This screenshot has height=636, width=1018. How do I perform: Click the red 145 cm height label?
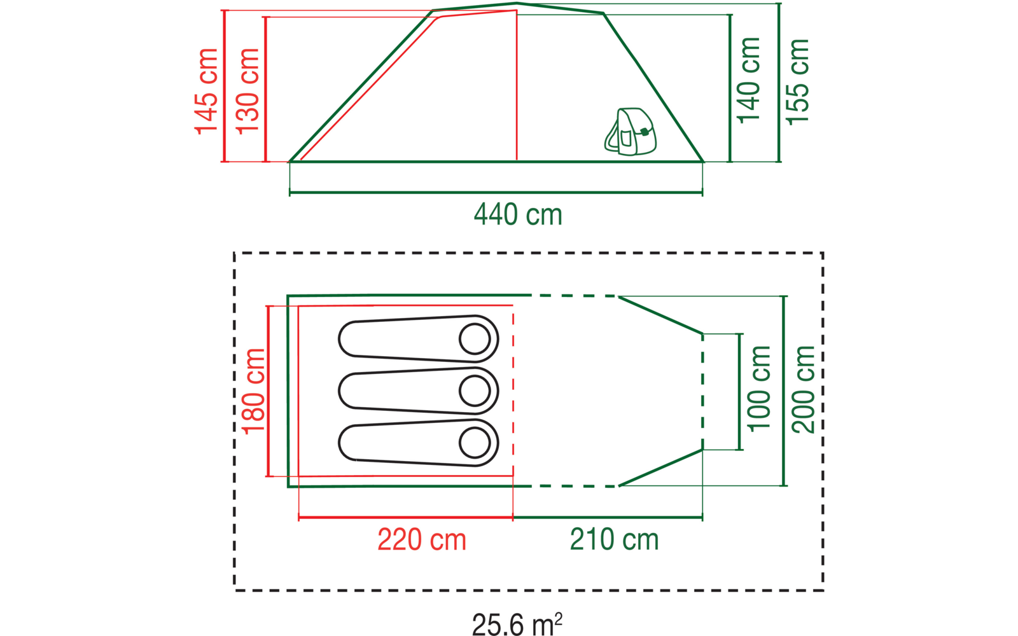[x=206, y=92]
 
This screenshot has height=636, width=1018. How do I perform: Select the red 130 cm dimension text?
[x=248, y=92]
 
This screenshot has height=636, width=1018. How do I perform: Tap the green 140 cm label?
[x=748, y=80]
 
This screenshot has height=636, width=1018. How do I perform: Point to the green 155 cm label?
[x=798, y=82]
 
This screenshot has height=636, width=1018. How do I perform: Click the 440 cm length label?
[x=518, y=214]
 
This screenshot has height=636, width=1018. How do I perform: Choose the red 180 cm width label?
[x=253, y=392]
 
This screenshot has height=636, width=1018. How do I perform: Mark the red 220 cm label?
[x=422, y=540]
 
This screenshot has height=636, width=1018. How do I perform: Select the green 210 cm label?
[x=614, y=539]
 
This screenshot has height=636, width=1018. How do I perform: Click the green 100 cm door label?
[x=759, y=389]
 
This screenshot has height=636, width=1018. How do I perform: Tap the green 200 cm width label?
[x=803, y=390]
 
